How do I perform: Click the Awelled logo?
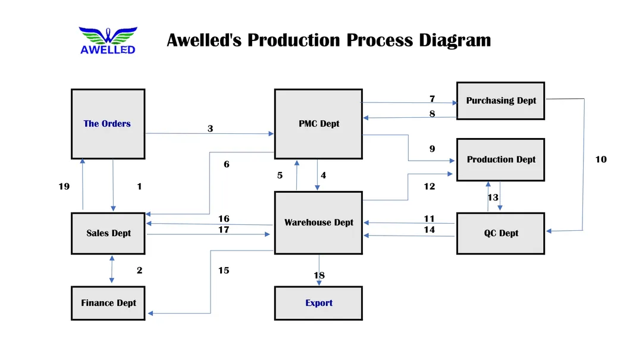point(108,40)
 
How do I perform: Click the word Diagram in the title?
point(455,40)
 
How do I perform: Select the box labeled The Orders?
point(108,124)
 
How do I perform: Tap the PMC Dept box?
point(318,124)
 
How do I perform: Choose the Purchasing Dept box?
point(500,101)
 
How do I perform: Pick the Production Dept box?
point(500,159)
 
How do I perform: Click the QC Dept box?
point(500,233)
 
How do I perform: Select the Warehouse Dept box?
point(318,223)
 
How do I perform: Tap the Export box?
point(318,303)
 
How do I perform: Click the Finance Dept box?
point(108,303)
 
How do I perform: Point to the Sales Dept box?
point(108,233)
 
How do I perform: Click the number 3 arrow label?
point(210,128)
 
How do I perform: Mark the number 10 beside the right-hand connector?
point(601,159)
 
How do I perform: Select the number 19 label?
point(64,186)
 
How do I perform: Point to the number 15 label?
point(223,270)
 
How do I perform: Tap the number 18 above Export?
point(319,275)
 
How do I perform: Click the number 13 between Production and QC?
point(493,198)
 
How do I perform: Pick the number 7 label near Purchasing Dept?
point(432,99)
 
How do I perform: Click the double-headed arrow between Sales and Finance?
point(111,270)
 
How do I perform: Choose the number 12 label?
point(429,186)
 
